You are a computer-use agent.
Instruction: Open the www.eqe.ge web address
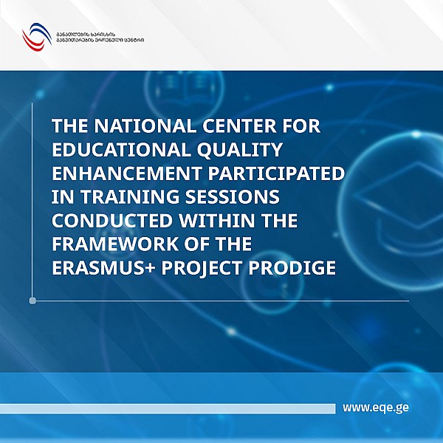click(376, 408)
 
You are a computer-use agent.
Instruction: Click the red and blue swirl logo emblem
click(33, 37)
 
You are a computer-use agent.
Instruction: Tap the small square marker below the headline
click(32, 301)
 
